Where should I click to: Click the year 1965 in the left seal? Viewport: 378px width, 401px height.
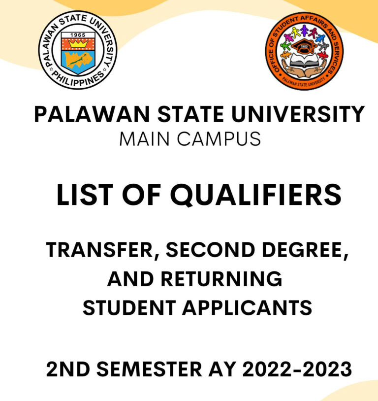78,35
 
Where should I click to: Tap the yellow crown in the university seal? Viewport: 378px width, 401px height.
78,44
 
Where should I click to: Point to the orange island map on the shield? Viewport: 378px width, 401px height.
78,61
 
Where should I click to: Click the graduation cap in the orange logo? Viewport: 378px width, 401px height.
304,47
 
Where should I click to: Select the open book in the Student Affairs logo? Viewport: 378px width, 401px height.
304,60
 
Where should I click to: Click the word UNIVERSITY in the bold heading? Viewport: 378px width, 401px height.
298,114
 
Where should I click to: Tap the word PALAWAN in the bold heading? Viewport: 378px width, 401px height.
92,114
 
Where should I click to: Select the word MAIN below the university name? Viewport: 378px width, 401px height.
144,139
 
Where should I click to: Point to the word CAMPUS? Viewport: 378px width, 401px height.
219,139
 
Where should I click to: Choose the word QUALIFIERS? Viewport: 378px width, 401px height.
255,195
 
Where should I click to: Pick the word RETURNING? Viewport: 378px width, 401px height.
221,278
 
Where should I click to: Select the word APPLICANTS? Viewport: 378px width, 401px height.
247,308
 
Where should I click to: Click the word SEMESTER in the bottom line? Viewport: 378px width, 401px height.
149,369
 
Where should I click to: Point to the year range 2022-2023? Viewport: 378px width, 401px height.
297,369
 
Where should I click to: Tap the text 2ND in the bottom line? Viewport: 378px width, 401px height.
68,369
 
